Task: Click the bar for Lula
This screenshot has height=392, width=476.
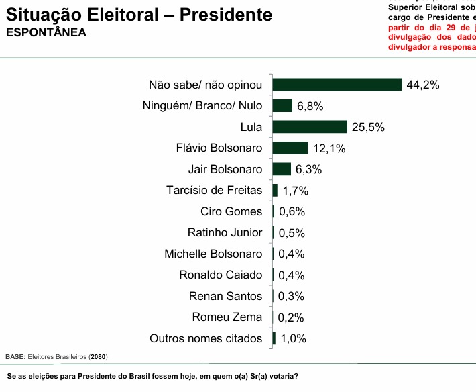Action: point(310,127)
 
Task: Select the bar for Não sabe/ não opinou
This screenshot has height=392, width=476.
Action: point(337,85)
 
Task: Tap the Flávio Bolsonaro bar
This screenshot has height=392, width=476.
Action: point(290,148)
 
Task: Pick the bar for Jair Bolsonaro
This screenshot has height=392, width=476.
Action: point(282,169)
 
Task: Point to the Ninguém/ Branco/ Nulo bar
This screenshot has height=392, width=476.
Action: point(282,106)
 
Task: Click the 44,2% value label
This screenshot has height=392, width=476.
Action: point(422,85)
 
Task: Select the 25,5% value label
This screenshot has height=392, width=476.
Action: point(368,128)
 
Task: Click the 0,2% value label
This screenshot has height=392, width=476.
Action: point(292,317)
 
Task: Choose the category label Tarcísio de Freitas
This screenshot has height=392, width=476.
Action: point(215,191)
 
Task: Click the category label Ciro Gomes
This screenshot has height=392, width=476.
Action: point(231,212)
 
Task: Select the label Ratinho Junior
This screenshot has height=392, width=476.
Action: point(225,233)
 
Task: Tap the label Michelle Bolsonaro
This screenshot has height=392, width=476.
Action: point(214,254)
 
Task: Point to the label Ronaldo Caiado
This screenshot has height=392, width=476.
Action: point(221,275)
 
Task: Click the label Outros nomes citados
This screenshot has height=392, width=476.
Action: point(206,339)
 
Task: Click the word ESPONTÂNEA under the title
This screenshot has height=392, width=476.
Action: point(46,32)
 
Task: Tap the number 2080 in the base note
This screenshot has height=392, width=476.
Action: point(98,356)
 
